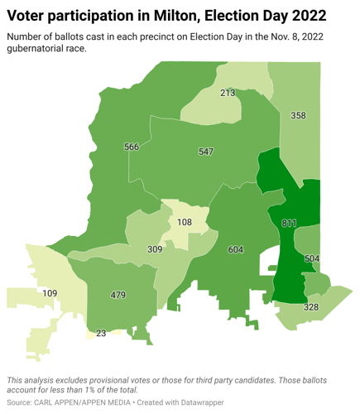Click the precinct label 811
pos(289,224)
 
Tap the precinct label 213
pos(228,93)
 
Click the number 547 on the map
pos(206,152)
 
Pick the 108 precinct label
pos(184,222)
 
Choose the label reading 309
pos(155,249)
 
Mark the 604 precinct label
pos(235,249)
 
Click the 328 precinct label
pos(310,307)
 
